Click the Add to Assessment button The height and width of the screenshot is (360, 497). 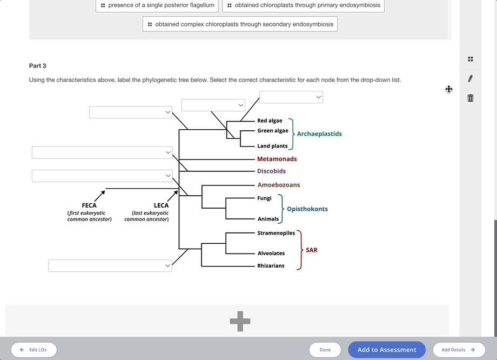click(x=387, y=350)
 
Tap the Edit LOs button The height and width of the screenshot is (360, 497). click(x=33, y=350)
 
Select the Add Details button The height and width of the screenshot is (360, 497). click(x=459, y=350)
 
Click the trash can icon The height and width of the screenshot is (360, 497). click(x=471, y=98)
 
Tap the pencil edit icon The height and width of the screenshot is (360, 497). click(x=471, y=78)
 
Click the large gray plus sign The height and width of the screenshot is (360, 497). click(x=240, y=321)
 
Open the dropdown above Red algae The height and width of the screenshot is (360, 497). click(x=291, y=97)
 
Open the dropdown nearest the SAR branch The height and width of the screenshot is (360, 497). click(x=110, y=265)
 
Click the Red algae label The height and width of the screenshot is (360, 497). click(x=270, y=121)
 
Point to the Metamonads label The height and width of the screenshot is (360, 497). click(x=277, y=159)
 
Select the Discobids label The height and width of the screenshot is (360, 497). click(x=271, y=171)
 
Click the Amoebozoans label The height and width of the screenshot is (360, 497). click(x=278, y=185)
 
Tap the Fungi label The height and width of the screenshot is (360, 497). click(x=264, y=198)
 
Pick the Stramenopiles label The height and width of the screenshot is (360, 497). click(x=276, y=233)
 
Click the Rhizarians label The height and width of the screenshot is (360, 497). click(x=271, y=266)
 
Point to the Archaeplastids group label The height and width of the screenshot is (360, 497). click(x=319, y=134)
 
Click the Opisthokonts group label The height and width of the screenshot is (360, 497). click(x=307, y=209)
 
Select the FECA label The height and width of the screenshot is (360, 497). click(x=89, y=205)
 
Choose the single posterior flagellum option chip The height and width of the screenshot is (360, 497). click(x=157, y=5)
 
